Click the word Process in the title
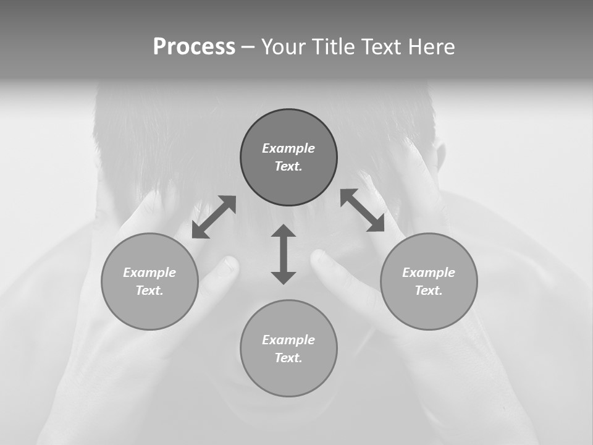pos(194,47)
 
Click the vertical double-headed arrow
pos(284,255)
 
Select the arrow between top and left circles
pos(214,217)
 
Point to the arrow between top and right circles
pos(363,210)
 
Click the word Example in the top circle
pos(288,148)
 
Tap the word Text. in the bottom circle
pos(288,358)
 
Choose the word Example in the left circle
pos(149,273)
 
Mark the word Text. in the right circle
pos(429,290)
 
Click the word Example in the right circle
pos(429,273)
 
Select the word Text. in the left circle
pos(149,290)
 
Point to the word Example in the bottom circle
pos(288,340)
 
